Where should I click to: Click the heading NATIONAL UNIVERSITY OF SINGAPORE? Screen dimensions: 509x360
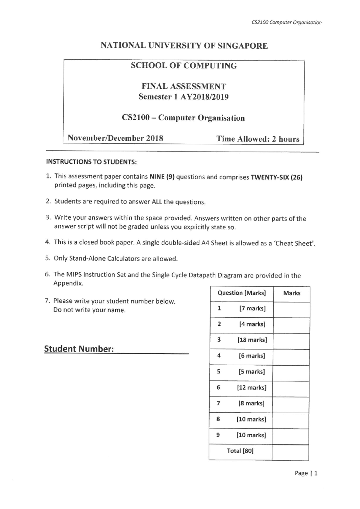184,46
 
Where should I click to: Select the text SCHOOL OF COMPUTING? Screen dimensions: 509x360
184,66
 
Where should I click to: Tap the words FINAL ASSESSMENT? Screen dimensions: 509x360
184,86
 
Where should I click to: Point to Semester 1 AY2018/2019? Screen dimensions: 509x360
183,97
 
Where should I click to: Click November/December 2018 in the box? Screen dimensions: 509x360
115,138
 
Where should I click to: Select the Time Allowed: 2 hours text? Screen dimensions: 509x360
258,139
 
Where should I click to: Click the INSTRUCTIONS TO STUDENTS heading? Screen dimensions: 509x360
91,162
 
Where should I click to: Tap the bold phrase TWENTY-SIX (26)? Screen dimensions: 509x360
277,177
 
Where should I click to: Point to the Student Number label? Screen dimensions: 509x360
79,349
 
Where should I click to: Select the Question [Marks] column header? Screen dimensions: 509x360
241,293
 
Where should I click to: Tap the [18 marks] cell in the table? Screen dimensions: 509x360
252,340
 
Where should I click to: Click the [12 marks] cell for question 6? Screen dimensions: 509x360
251,388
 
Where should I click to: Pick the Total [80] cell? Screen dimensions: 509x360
240,451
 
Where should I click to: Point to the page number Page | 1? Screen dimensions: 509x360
306,473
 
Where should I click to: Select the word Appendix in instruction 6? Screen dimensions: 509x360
68,283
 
